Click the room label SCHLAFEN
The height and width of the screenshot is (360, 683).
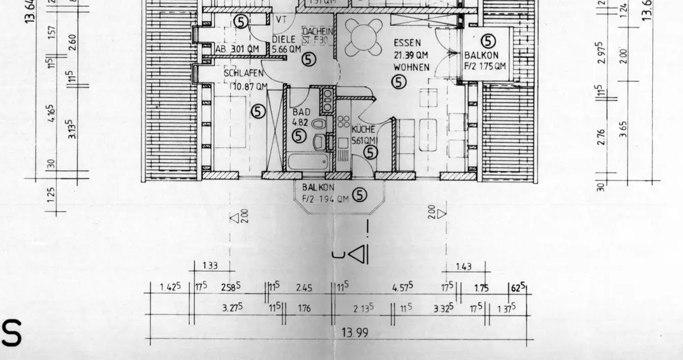[x=245, y=74]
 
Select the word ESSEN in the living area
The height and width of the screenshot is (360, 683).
[x=408, y=42]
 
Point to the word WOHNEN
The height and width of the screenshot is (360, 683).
[x=411, y=67]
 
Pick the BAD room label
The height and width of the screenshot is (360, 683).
[x=302, y=111]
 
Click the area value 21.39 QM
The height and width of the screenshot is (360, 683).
[x=411, y=55]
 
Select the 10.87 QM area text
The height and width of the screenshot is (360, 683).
[x=245, y=87]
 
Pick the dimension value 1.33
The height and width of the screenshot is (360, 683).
[x=210, y=265]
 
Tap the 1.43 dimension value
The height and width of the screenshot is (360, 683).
[x=464, y=265]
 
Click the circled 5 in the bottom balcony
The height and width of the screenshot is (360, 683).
[x=361, y=197]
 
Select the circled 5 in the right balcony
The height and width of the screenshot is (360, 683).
[x=488, y=42]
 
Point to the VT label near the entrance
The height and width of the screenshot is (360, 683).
[x=280, y=19]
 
